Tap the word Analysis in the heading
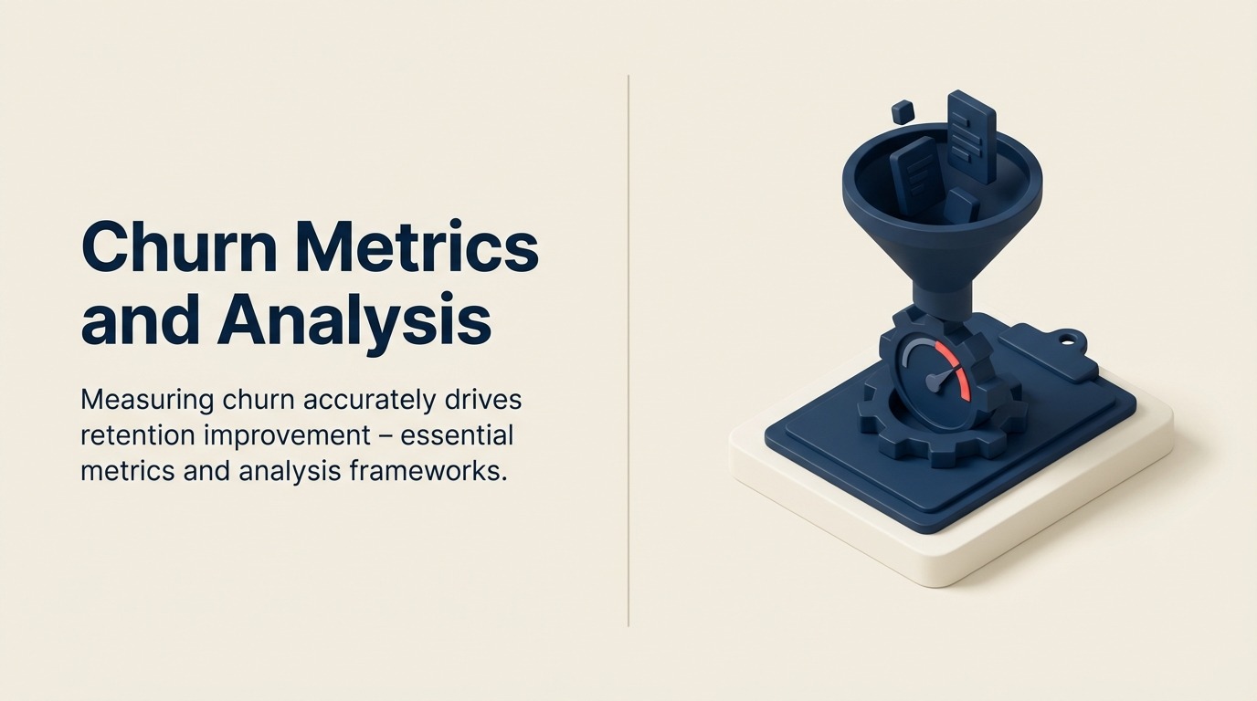coord(355,321)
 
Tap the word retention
coord(137,435)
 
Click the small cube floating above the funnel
coord(903,112)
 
